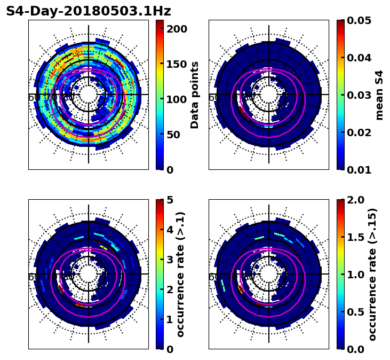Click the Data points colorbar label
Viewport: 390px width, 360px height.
tap(195, 95)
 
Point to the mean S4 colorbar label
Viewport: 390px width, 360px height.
tap(379, 95)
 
